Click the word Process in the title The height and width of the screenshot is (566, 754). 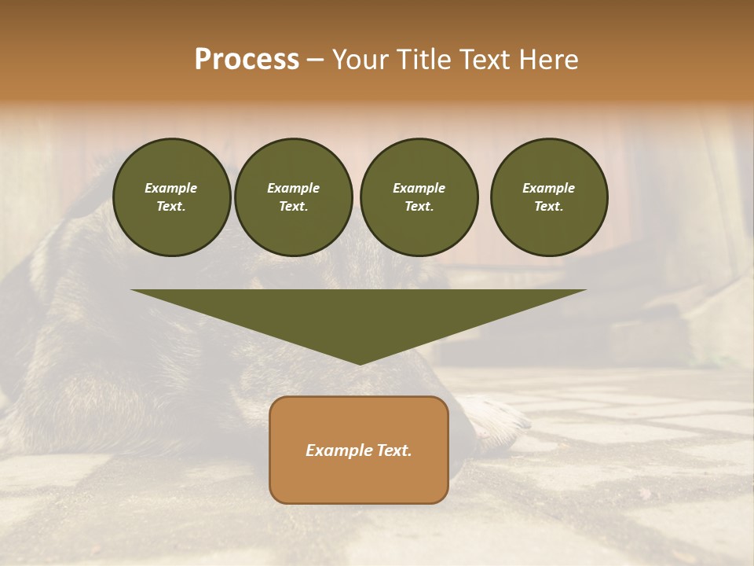click(x=247, y=60)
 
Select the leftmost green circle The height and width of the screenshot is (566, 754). click(x=171, y=197)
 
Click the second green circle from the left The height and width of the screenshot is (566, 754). click(x=293, y=197)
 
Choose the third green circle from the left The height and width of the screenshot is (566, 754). click(x=419, y=197)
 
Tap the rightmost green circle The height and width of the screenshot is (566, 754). click(x=548, y=197)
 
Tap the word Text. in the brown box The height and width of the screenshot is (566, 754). click(x=392, y=450)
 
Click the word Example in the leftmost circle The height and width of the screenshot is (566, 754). click(x=171, y=188)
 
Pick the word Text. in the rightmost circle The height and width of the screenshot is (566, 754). click(x=548, y=206)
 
